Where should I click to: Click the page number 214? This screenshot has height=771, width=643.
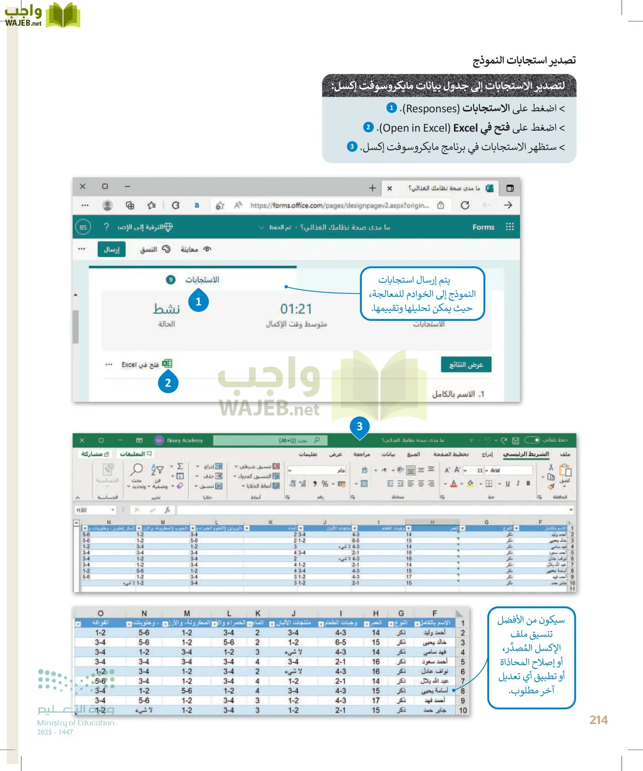coord(598,720)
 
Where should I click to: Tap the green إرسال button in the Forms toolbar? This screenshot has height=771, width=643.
coord(111,249)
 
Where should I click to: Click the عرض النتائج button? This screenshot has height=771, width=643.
coord(466,365)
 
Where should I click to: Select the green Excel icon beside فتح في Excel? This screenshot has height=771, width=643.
coord(167,364)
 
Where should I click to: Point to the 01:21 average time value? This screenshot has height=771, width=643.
coord(296,309)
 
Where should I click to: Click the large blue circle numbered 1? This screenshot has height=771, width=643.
coord(198,302)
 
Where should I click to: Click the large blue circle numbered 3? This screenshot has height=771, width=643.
coord(360,426)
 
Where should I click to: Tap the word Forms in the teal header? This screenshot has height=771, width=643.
coord(483,227)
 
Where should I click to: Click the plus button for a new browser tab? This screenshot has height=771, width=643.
coord(373,188)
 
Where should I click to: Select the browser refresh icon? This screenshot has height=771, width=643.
coord(465,206)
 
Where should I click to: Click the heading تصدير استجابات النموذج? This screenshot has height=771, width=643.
coord(524,60)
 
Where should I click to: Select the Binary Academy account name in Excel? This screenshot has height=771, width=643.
coord(185,440)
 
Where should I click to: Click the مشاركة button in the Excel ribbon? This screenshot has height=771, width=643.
coord(95,454)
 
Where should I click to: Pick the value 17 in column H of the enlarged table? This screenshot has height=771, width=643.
coord(376,700)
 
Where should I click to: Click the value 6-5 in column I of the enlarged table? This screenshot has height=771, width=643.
coord(340,642)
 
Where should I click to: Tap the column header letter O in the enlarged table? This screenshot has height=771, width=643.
coord(100,613)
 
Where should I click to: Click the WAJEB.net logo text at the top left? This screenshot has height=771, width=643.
coord(23,23)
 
